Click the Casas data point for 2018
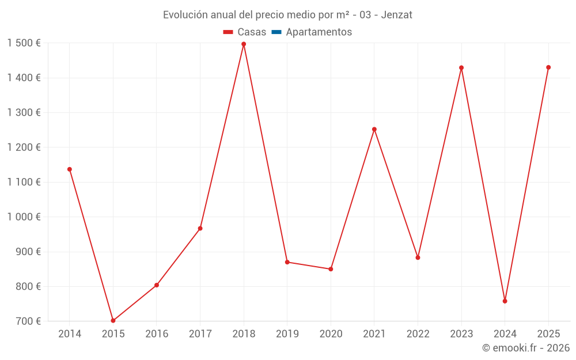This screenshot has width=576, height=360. [x=244, y=44]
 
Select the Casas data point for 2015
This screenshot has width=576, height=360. [x=113, y=321]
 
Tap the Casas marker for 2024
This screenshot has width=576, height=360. [x=505, y=301]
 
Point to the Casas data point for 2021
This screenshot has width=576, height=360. [x=374, y=130]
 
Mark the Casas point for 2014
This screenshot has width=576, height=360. [x=70, y=169]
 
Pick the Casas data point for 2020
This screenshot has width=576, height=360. [x=331, y=269]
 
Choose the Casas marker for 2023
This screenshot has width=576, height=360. [x=461, y=68]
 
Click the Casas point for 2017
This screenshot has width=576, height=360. [x=200, y=229]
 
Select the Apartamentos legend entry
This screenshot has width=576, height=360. [x=319, y=32]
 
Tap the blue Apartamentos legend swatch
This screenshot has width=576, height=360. [x=276, y=32]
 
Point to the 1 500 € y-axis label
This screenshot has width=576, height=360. [x=24, y=43]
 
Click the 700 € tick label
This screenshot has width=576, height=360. [x=28, y=321]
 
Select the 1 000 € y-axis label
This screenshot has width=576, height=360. [x=24, y=217]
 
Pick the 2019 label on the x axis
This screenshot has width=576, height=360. [x=287, y=334]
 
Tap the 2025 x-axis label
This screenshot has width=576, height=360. [x=548, y=334]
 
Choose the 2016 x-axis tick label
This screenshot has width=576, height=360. [x=157, y=334]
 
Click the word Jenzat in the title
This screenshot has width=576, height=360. [x=397, y=15]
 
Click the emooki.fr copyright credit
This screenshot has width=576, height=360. [x=526, y=348]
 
